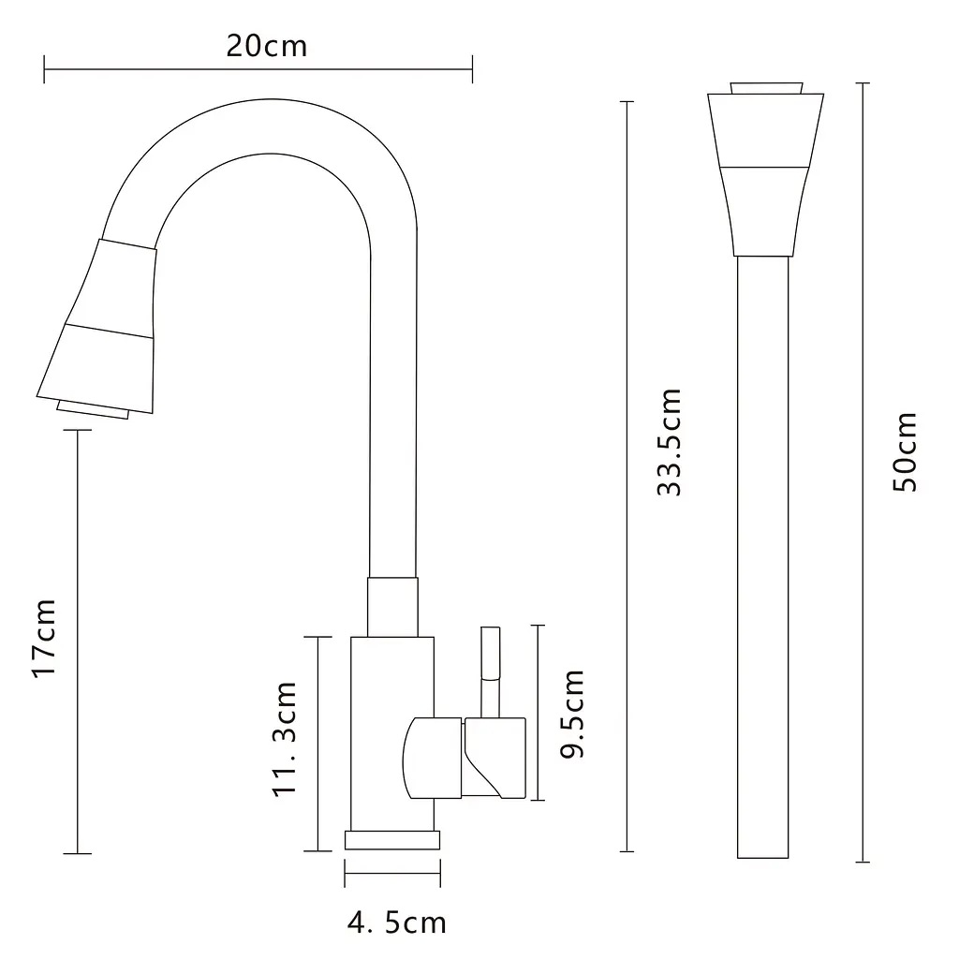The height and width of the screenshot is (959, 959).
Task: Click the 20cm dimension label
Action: pyautogui.click(x=267, y=46)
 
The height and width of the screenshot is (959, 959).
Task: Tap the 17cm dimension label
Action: pyautogui.click(x=45, y=638)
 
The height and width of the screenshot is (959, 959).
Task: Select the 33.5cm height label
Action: pyautogui.click(x=669, y=441)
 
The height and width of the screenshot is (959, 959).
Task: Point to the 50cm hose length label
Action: pyautogui.click(x=906, y=451)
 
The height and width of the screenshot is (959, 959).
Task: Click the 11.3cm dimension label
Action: pyautogui.click(x=285, y=738)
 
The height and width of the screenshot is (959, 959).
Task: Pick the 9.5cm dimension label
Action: pyautogui.click(x=572, y=714)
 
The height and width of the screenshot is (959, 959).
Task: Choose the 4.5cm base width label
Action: pyautogui.click(x=397, y=922)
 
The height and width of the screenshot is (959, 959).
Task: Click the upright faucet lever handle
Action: pyautogui.click(x=490, y=671)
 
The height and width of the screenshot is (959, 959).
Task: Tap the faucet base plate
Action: pyautogui.click(x=392, y=840)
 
